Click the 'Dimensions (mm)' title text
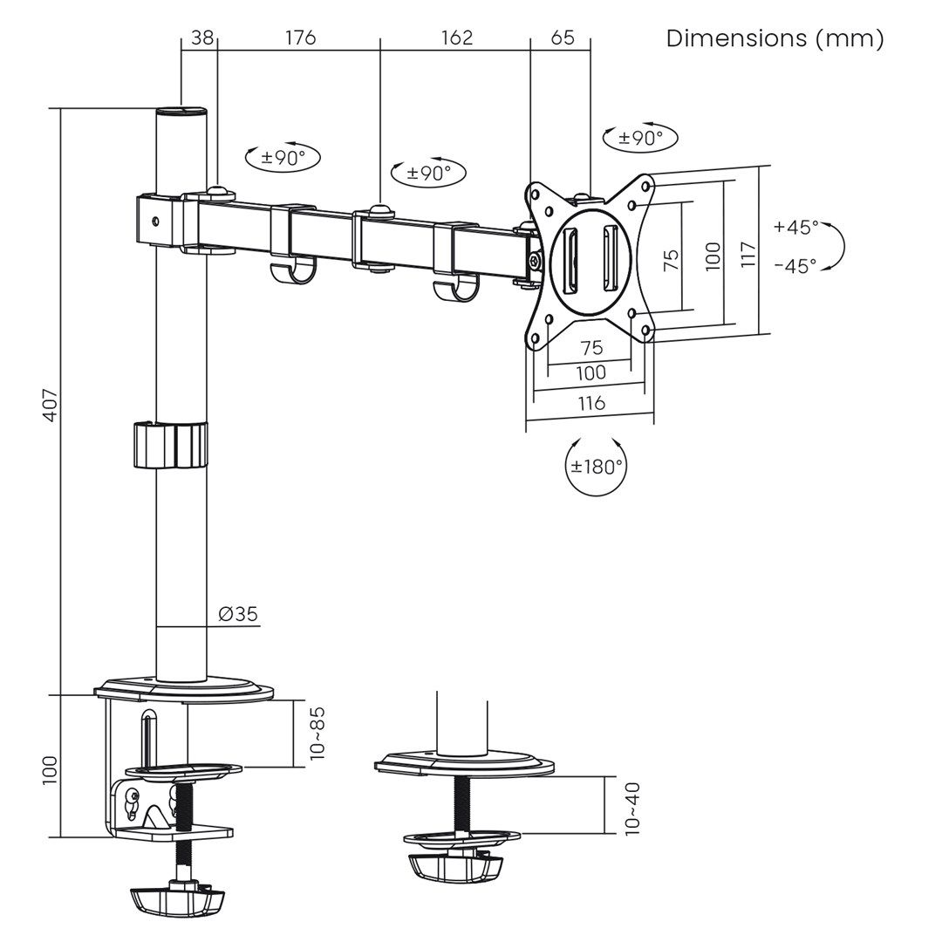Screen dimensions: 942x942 click(775, 38)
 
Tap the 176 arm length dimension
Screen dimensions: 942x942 click(299, 38)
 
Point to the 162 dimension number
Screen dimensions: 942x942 click(456, 38)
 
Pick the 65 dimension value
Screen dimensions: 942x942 click(563, 38)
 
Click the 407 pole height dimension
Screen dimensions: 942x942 click(51, 404)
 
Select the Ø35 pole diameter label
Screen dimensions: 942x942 click(238, 614)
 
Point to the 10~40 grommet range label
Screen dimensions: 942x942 click(632, 808)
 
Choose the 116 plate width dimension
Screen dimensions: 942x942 click(590, 403)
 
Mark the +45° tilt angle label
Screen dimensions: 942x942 click(795, 228)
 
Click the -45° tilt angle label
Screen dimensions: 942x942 click(795, 265)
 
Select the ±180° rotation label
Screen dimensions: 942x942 click(597, 465)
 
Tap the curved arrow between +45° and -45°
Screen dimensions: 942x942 click(835, 246)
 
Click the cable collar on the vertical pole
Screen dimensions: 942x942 click(171, 445)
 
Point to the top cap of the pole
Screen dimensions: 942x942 click(181, 113)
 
